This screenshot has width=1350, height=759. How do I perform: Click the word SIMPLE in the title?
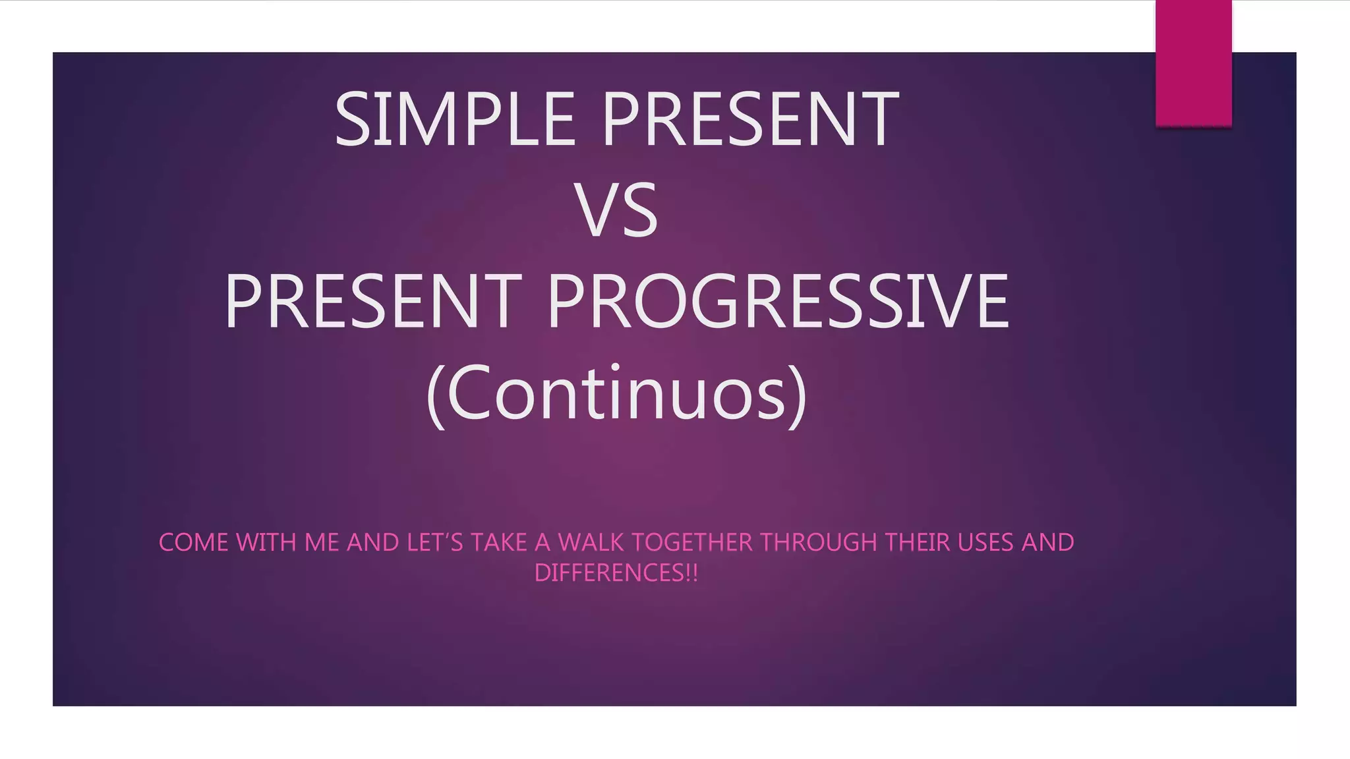point(455,120)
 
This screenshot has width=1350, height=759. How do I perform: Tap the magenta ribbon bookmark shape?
point(1193,63)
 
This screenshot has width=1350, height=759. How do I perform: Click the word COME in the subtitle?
point(193,543)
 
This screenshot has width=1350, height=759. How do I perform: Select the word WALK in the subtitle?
point(591,543)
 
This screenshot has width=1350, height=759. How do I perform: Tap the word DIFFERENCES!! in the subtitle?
point(616,573)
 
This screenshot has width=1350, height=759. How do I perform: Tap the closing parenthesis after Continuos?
point(798,395)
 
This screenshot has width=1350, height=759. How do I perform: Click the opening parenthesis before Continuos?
point(435,395)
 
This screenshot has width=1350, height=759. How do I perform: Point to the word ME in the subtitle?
point(321,543)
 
